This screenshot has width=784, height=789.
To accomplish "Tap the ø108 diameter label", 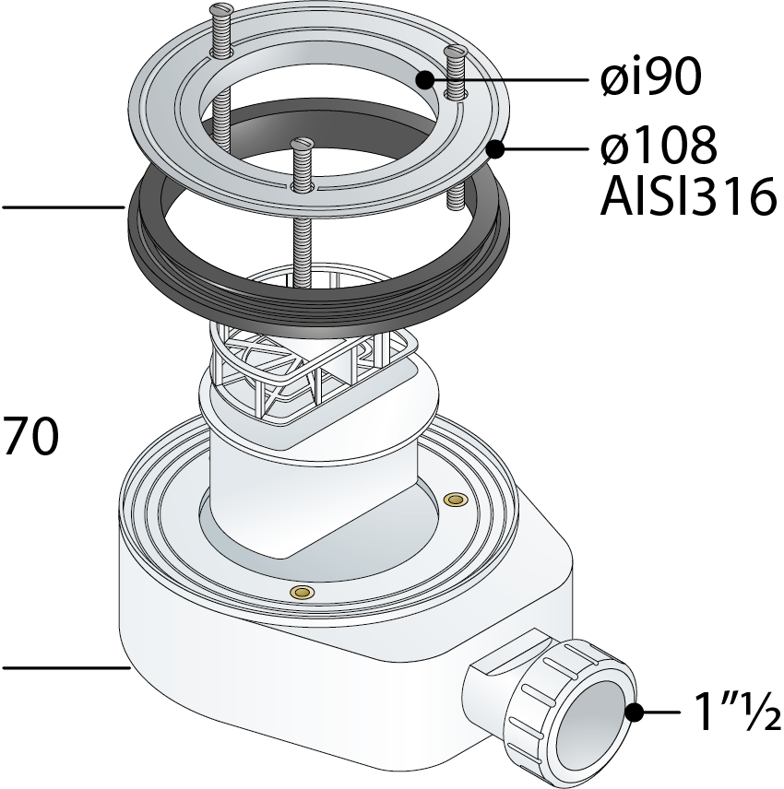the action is click(659, 146).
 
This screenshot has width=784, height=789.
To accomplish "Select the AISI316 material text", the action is click(688, 196).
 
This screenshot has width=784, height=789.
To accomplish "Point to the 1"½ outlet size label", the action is click(737, 712).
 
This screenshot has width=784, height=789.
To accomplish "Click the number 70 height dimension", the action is click(31, 436).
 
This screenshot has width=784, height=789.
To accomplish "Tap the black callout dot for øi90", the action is click(425, 79).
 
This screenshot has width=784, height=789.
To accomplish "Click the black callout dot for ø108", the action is click(496, 149).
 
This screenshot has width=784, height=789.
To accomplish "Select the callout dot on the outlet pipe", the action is click(635, 712).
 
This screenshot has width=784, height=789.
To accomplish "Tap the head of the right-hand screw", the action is click(454, 51).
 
